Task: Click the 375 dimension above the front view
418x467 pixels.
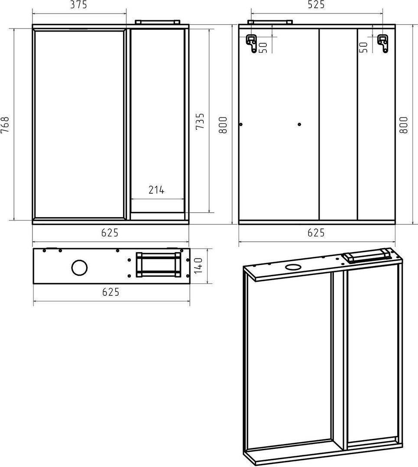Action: point(78,5)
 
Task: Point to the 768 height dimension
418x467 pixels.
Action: point(5,125)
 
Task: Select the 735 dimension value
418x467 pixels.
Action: point(200,121)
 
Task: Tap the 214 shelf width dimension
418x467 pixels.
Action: point(157,190)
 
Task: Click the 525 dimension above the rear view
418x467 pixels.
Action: point(316,5)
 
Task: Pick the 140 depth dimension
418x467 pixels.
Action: point(198,265)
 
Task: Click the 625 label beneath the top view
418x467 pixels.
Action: point(111,292)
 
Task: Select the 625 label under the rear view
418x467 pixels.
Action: point(316,233)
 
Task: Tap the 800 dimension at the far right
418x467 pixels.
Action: point(403,125)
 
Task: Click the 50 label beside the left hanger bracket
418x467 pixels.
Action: point(263,48)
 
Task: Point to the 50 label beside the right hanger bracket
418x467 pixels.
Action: point(363,48)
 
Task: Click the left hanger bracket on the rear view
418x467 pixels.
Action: point(251,44)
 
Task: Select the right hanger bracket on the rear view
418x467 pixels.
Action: point(383,44)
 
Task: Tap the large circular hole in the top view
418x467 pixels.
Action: point(80,268)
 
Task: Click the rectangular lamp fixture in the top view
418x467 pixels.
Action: point(159,265)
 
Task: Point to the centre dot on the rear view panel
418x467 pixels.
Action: point(299,124)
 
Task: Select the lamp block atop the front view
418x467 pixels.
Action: point(157,22)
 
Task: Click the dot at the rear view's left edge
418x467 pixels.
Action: point(241,124)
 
